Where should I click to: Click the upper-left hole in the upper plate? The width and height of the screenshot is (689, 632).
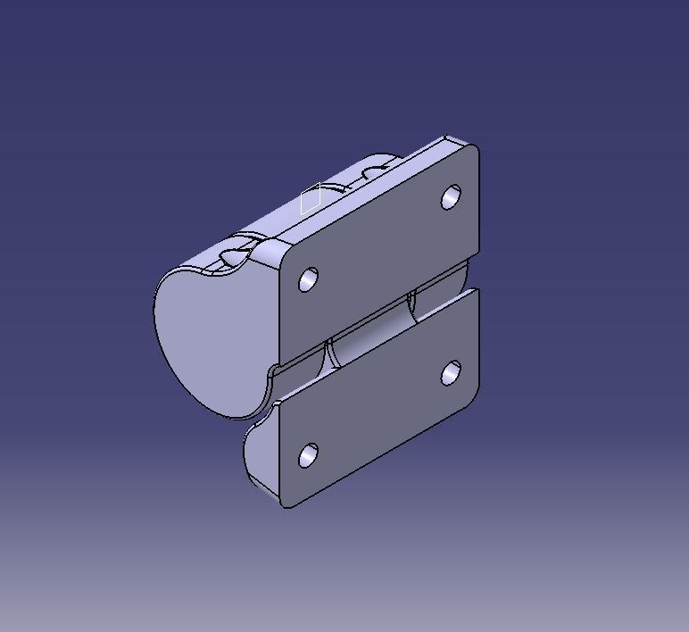click(309, 279)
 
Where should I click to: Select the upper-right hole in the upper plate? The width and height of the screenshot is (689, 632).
click(452, 197)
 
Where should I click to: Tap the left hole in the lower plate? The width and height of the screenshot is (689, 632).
click(308, 456)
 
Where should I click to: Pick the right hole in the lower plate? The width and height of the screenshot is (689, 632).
click(452, 374)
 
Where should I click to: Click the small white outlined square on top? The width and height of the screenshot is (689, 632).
click(311, 198)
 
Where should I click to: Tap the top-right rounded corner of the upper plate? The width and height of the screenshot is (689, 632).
click(474, 151)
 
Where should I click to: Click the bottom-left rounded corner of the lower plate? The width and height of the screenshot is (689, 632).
click(288, 503)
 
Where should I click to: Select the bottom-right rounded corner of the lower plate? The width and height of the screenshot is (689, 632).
click(473, 396)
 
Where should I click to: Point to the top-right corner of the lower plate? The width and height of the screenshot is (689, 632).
click(476, 294)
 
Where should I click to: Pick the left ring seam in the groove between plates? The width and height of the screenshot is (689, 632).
click(328, 352)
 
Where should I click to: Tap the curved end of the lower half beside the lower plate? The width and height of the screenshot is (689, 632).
click(259, 455)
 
